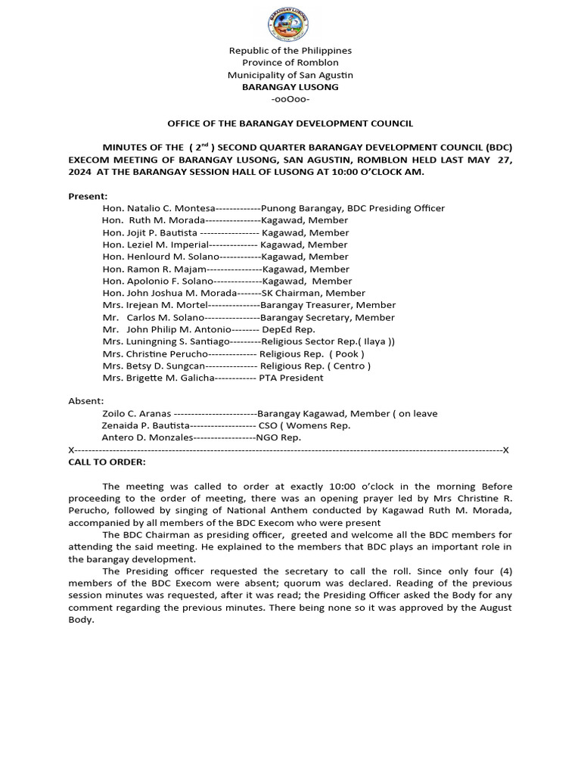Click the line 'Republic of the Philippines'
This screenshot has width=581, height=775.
[x=290, y=51]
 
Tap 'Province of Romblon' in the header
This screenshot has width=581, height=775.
[x=290, y=63]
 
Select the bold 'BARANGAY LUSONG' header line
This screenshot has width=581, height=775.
[x=290, y=87]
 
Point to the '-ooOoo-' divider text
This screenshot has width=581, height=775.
[x=290, y=99]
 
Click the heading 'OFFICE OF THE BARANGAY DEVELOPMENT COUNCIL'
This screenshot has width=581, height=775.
[x=290, y=123]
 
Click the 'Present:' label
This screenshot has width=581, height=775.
[x=88, y=196]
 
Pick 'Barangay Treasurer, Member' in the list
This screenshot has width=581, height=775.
[x=317, y=305]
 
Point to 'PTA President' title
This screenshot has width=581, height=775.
[x=290, y=378]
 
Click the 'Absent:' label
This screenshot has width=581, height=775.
[x=86, y=401]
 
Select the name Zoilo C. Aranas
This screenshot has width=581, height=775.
[x=136, y=413]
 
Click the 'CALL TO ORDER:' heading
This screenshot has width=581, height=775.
[x=107, y=462]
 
